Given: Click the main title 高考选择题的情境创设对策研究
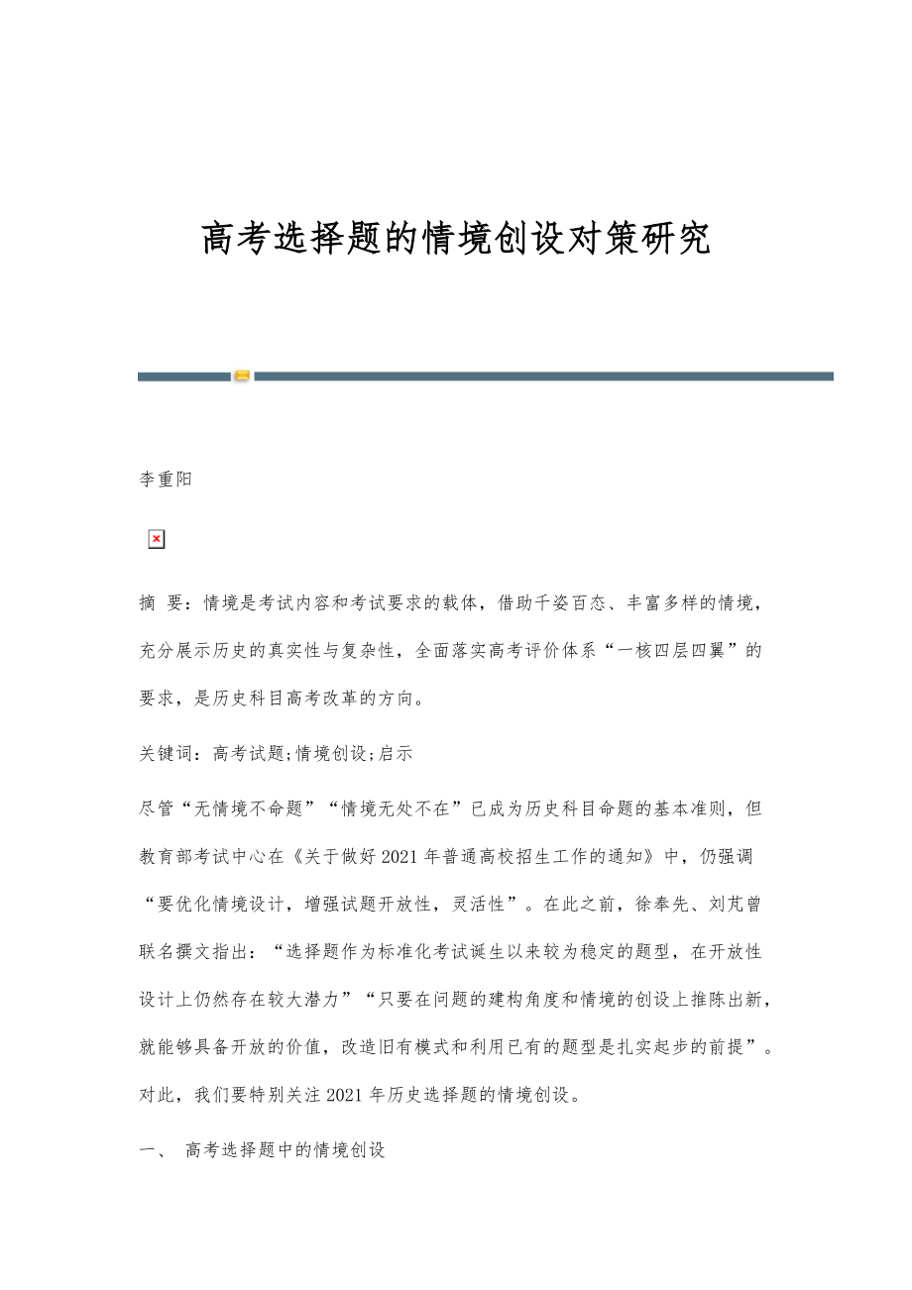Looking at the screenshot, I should pos(456,239).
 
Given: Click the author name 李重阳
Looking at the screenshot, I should pos(165,480).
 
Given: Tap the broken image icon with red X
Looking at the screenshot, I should pos(156,539).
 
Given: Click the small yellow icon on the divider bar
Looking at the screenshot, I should pos(242,376).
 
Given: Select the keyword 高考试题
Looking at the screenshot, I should pos(236,753).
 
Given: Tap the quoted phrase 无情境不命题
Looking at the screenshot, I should pos(234,808).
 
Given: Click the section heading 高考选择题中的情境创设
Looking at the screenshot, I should pos(285,1149).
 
